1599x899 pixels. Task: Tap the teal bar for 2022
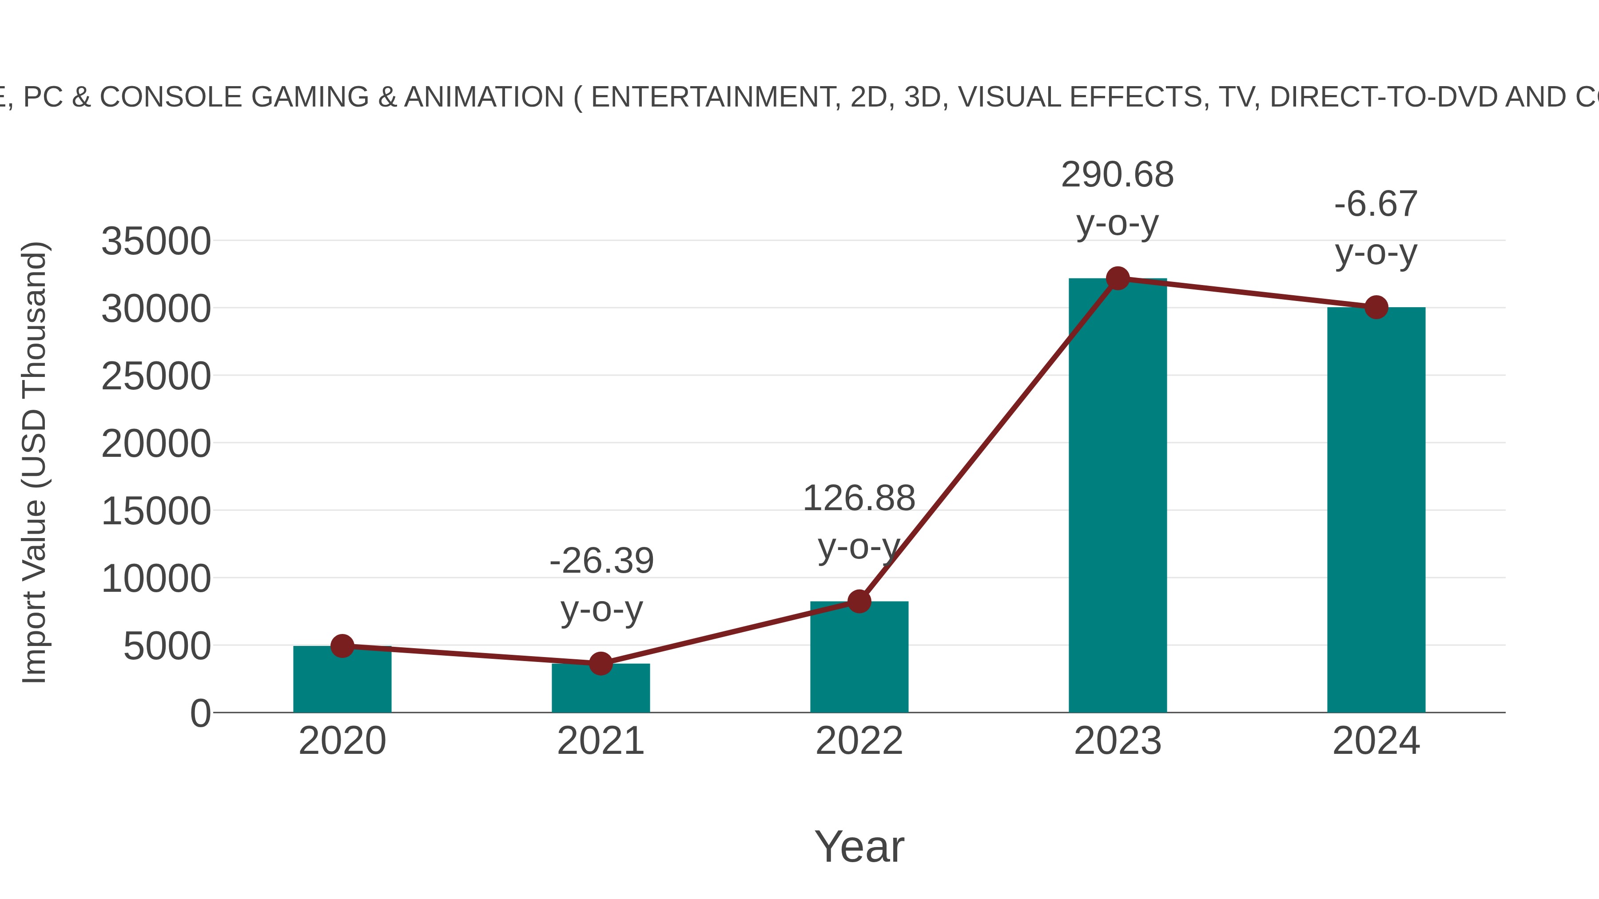pyautogui.click(x=859, y=657)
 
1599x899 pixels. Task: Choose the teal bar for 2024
pyautogui.click(x=1376, y=509)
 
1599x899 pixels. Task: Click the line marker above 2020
pyautogui.click(x=342, y=646)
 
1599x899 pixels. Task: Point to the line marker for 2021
pyautogui.click(x=600, y=663)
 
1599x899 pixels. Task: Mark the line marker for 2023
pyautogui.click(x=1118, y=278)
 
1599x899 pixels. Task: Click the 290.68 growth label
pyautogui.click(x=1118, y=175)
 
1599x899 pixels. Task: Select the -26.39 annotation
pyautogui.click(x=601, y=561)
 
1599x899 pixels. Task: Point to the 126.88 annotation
pyautogui.click(x=859, y=498)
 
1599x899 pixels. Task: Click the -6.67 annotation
pyautogui.click(x=1376, y=204)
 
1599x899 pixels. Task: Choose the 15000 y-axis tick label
pyautogui.click(x=156, y=511)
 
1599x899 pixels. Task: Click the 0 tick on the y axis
pyautogui.click(x=200, y=713)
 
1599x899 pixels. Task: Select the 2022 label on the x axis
pyautogui.click(x=859, y=741)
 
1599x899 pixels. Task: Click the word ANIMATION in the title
pyautogui.click(x=484, y=97)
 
